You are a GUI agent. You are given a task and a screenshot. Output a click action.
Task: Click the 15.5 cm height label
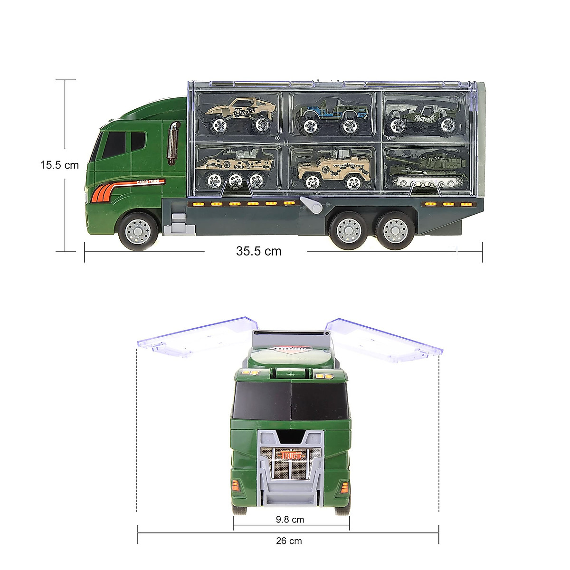click(59, 165)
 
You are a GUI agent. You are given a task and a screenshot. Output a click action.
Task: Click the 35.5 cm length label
click(258, 251)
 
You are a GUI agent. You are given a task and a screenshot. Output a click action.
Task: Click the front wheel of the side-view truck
click(137, 231)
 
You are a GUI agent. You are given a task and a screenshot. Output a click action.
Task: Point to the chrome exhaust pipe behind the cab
click(173, 142)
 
